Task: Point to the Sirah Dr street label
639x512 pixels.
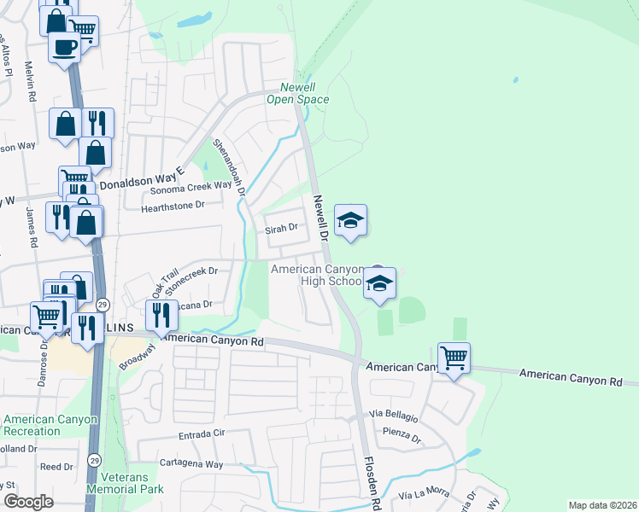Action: pyautogui.click(x=281, y=228)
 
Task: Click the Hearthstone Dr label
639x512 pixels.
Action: pyautogui.click(x=174, y=206)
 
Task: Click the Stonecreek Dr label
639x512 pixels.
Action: pyautogui.click(x=192, y=279)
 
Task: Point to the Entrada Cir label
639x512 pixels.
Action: pyautogui.click(x=201, y=434)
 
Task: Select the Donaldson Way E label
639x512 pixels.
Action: pyautogui.click(x=142, y=181)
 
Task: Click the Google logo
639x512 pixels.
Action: pyautogui.click(x=28, y=502)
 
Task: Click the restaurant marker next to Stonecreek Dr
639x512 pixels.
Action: pyautogui.click(x=161, y=316)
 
